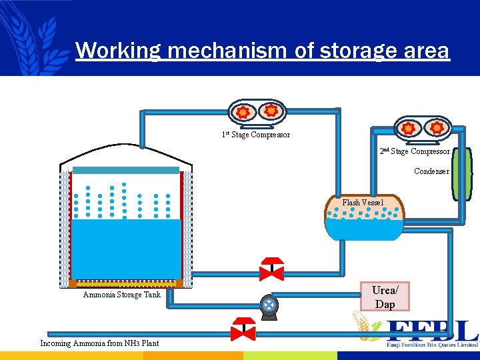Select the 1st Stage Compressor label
coord(256,135)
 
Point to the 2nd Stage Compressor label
coord(415,151)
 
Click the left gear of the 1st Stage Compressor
coord(244,112)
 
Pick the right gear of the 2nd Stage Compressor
coord(437,127)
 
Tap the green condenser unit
coord(461,173)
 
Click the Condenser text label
coord(431,171)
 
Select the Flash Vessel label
coord(363,202)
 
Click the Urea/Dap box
coord(385,297)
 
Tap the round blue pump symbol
coord(269,305)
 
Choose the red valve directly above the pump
coord(271,269)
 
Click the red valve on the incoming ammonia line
coord(243,330)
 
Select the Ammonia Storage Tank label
coord(121,295)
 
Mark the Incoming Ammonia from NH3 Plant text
coord(100,343)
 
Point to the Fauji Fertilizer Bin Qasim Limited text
coord(431,345)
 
